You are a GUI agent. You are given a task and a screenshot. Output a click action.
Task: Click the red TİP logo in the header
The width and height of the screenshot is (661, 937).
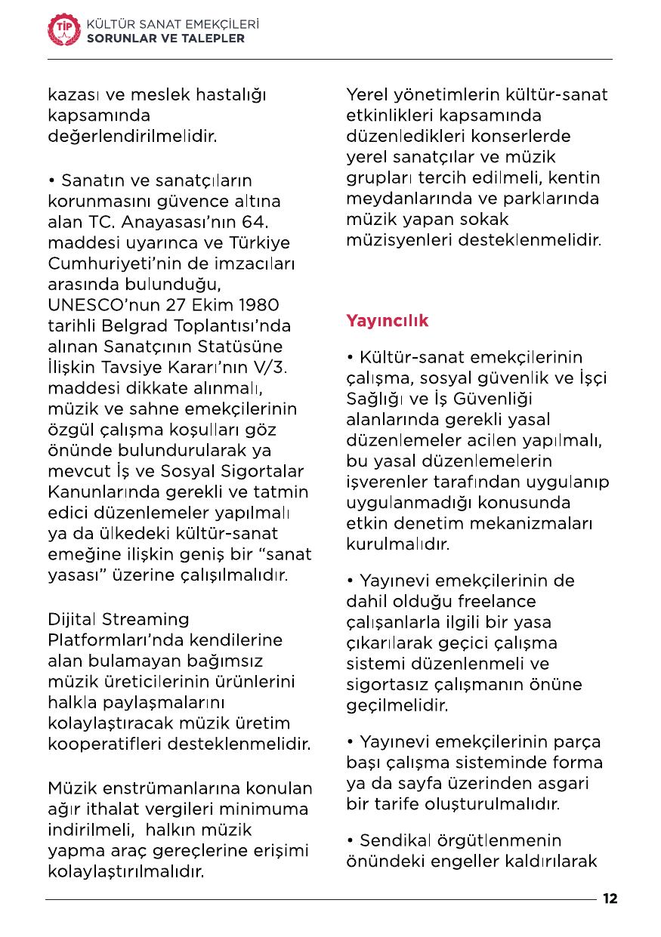(x=63, y=29)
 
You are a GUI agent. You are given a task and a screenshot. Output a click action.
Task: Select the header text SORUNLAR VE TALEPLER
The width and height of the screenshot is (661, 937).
(x=165, y=38)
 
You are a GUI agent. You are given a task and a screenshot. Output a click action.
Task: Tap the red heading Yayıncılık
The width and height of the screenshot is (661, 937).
(x=387, y=320)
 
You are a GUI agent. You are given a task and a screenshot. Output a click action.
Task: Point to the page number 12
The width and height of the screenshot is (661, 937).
(x=610, y=899)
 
